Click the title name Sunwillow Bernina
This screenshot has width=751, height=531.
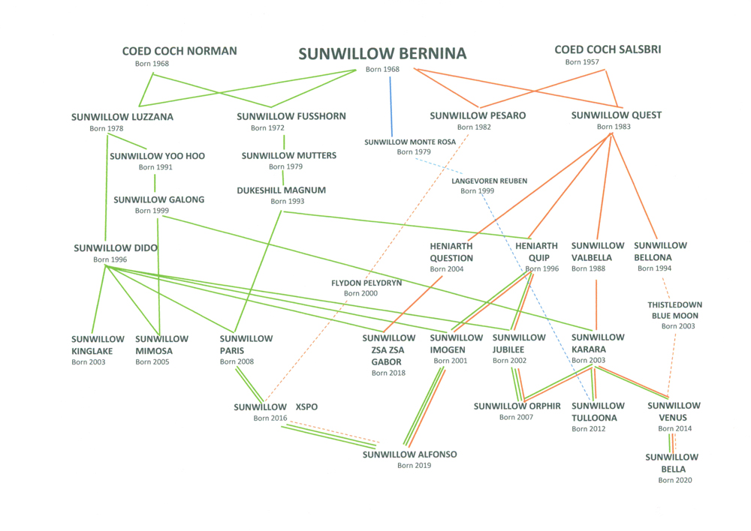[382, 54]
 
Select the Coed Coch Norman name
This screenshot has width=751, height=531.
[179, 51]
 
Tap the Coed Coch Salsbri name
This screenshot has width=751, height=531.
[608, 49]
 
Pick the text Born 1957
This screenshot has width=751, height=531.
[582, 62]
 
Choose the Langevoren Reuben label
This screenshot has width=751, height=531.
[489, 181]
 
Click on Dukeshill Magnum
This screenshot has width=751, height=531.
[282, 190]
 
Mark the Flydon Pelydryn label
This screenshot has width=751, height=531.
[366, 283]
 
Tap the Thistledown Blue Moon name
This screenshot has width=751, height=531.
[673, 310]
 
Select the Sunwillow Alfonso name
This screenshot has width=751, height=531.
[409, 454]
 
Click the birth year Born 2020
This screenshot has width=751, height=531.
[674, 480]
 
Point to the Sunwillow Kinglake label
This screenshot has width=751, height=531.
[98, 344]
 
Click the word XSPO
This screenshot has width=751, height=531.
[306, 406]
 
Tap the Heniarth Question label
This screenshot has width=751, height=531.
[451, 251]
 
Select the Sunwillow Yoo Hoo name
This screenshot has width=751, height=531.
[157, 156]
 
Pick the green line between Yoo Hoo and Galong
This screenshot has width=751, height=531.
[155, 183]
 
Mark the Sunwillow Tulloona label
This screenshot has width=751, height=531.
[598, 412]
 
